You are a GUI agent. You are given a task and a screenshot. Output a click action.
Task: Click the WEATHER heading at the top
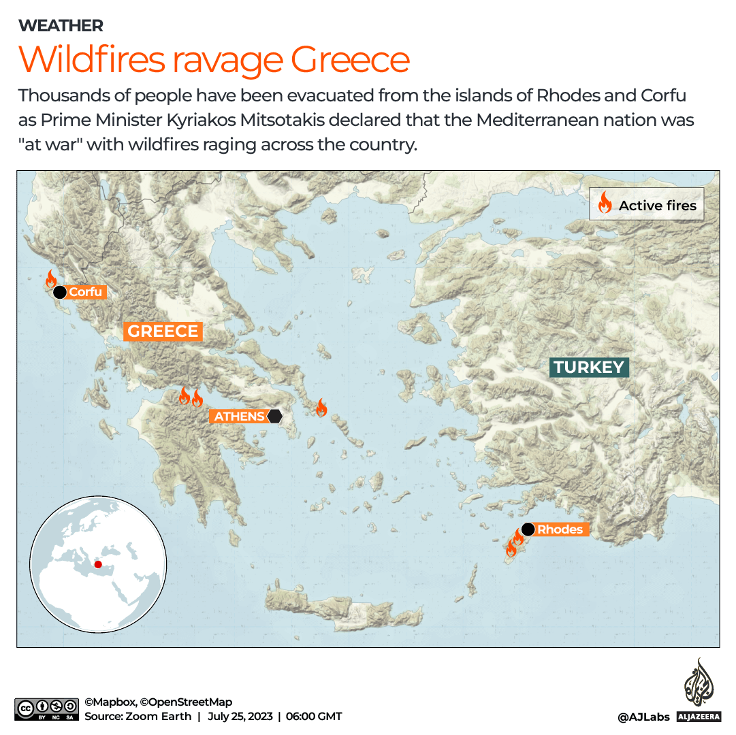point(61,26)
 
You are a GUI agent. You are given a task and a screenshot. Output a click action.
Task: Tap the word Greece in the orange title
point(350,59)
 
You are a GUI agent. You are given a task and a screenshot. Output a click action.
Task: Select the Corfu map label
point(85,293)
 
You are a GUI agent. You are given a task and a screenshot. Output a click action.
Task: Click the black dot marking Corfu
point(60,293)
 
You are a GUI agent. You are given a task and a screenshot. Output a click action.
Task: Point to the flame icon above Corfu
point(50,278)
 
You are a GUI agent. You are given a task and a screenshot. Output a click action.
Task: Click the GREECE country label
point(163,331)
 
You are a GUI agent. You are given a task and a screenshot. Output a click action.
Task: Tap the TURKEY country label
point(589,367)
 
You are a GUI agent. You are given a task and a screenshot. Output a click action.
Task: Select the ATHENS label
point(239,416)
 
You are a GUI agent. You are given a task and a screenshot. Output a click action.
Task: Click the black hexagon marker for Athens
point(274,416)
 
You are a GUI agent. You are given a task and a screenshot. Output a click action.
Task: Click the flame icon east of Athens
point(321,408)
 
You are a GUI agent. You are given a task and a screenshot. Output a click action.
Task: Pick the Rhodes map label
point(560,529)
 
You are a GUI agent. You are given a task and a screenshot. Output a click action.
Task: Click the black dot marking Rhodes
point(528,529)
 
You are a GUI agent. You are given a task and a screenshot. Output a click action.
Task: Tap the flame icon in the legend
point(604,203)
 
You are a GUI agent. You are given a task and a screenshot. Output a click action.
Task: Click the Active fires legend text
point(657,206)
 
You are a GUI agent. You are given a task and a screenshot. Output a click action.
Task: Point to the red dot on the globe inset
point(98,564)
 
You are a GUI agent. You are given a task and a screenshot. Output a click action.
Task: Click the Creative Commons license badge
point(46,708)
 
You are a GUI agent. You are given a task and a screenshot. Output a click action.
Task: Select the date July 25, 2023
point(240,716)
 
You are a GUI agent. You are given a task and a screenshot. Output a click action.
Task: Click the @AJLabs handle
point(643,717)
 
